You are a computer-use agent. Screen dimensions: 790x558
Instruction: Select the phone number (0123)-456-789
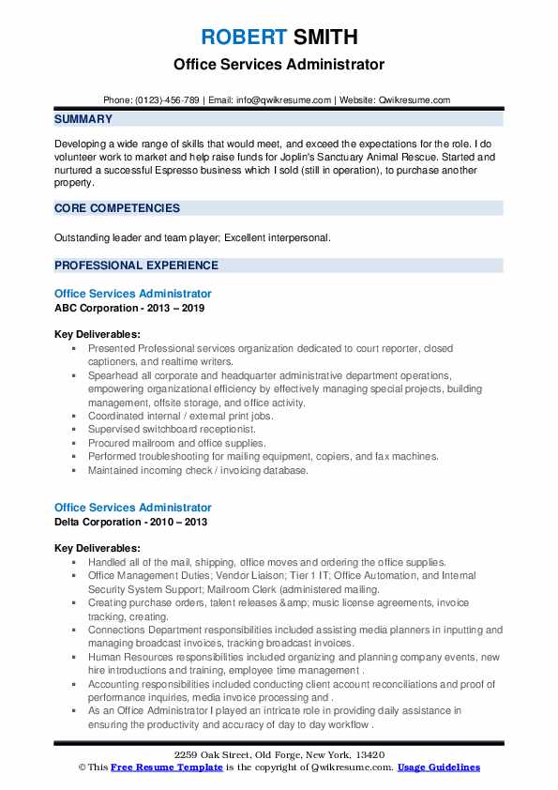[x=165, y=100]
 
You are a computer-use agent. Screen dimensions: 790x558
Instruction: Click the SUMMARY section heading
[x=83, y=119]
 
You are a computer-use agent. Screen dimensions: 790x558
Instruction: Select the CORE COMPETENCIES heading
[x=117, y=208]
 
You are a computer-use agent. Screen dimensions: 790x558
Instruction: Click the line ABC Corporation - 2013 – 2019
[x=129, y=308]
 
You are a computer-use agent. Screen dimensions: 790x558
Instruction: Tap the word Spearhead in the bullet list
[x=114, y=375]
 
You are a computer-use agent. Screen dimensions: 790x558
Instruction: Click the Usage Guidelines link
[x=439, y=767]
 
